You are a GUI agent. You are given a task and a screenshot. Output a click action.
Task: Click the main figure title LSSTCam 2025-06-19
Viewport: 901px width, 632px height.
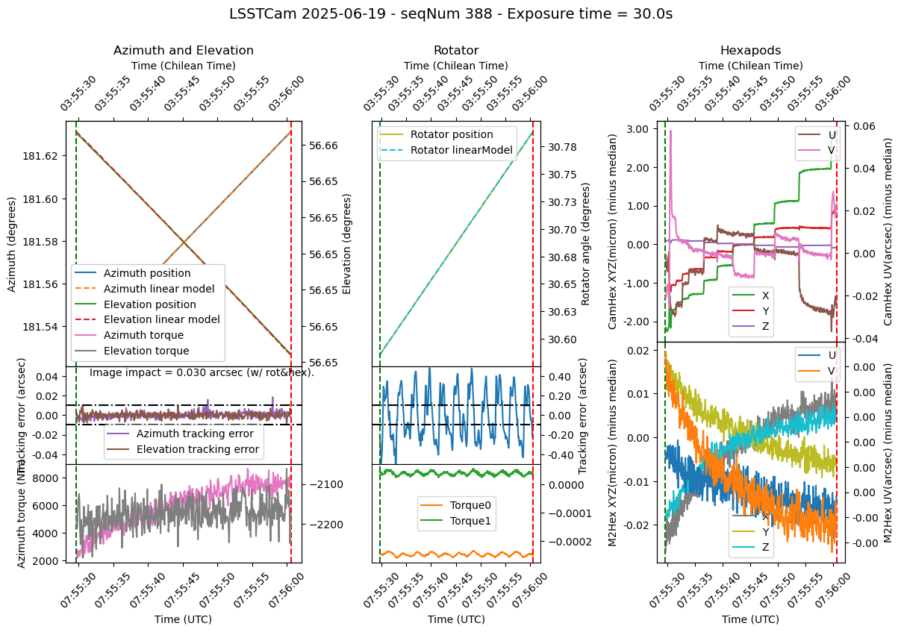[x=450, y=13]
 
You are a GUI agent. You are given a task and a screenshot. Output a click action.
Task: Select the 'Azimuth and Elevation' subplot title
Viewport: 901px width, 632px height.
[x=183, y=51]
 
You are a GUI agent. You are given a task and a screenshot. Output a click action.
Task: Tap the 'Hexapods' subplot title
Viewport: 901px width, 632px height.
[x=750, y=51]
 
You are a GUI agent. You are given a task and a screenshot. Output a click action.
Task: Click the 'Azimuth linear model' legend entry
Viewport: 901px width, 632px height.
[x=159, y=289]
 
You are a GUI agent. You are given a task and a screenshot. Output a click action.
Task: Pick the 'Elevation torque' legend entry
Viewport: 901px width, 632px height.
[x=146, y=351]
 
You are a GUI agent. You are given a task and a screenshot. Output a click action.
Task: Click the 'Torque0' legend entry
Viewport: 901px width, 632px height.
[x=471, y=505]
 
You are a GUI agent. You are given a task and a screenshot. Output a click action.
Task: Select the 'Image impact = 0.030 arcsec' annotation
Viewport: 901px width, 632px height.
[x=202, y=372]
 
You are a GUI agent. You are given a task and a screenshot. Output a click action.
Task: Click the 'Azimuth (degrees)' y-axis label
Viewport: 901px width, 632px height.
[x=12, y=244]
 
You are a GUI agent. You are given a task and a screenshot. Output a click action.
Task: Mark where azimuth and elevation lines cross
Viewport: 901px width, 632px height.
[x=183, y=242]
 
